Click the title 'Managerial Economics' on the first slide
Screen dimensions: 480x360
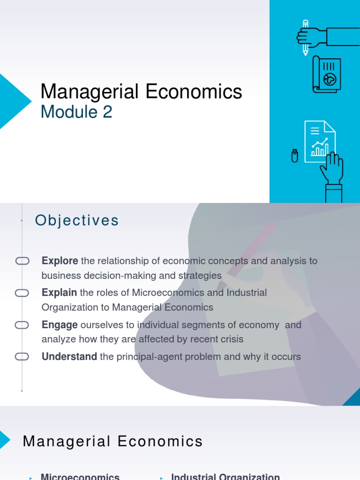tap(141, 91)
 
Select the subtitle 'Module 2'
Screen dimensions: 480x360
tap(76, 112)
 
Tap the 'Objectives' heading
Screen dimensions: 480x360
tap(77, 220)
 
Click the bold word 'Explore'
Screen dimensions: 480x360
tap(60, 261)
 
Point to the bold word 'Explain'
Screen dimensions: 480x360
tap(59, 292)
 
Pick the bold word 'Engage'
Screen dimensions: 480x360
tap(60, 325)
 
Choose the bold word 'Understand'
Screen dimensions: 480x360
tap(69, 357)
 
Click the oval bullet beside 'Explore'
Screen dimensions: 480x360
tap(22, 261)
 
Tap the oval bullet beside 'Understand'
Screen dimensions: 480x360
tap(22, 357)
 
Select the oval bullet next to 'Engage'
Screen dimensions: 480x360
tap(22, 325)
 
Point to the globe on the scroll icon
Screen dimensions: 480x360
tap(330, 80)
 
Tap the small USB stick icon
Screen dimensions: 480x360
tap(294, 155)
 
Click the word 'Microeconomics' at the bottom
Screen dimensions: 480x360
tap(80, 476)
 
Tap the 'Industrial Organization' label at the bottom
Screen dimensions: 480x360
tap(225, 476)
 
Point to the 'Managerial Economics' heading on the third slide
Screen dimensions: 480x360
tap(112, 441)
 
